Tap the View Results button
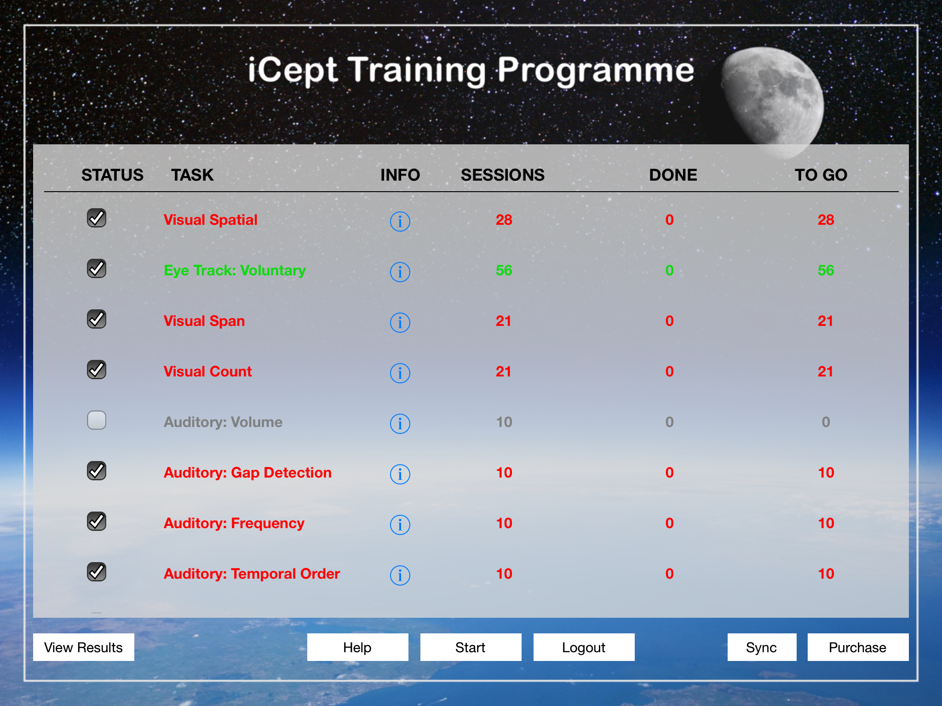[84, 647]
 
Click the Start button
[471, 647]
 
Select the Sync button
[762, 647]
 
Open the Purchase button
[858, 647]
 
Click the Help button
[357, 647]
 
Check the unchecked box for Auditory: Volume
[97, 420]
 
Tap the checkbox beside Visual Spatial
[97, 218]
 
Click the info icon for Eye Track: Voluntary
[400, 272]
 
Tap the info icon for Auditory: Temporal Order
[400, 575]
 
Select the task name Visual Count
[208, 371]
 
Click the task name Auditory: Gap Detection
[247, 473]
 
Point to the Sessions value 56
[504, 270]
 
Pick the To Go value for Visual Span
[826, 321]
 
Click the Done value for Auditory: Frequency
[670, 523]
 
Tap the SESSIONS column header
[503, 175]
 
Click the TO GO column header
[821, 175]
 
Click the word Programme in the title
[596, 71]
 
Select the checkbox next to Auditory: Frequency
[97, 521]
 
